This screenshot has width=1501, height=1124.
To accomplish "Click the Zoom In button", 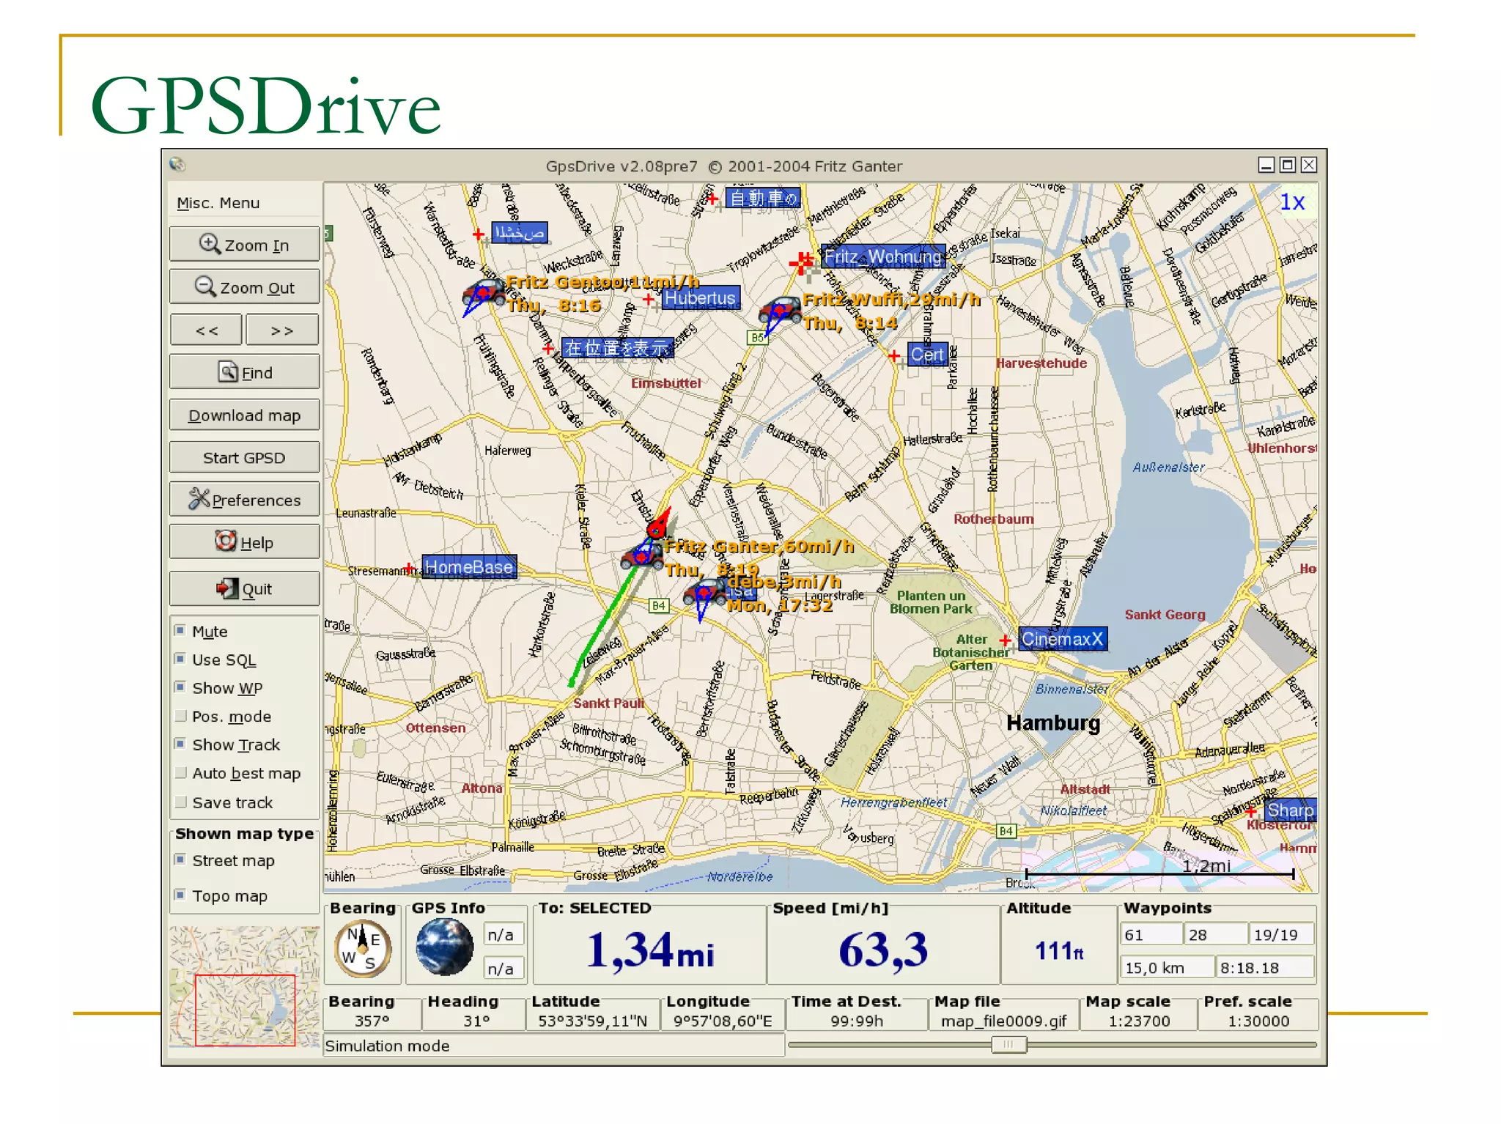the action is (x=244, y=245).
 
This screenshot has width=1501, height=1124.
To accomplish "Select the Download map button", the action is (x=244, y=415).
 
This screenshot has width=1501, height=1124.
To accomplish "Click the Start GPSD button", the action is (x=244, y=458).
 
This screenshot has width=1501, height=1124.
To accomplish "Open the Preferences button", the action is (x=244, y=500).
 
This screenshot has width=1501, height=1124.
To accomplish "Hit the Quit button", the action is (x=244, y=589).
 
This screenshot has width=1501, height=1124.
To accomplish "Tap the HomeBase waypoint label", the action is (x=469, y=567).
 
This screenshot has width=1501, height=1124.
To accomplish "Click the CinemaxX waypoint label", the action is (x=1062, y=639).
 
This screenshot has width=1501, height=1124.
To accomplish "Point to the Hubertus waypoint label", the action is (x=700, y=298).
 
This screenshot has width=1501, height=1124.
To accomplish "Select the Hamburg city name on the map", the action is (x=1053, y=723).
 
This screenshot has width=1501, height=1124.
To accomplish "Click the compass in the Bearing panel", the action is (x=363, y=948).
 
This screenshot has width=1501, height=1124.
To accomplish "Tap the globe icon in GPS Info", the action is (x=444, y=947).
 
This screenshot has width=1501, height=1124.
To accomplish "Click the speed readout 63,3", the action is (x=883, y=950).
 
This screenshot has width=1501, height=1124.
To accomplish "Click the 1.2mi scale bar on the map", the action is (x=1159, y=873).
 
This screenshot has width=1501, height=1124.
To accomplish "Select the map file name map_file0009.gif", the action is (x=1003, y=1021).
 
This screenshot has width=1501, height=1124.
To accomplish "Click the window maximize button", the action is (x=1287, y=165).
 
